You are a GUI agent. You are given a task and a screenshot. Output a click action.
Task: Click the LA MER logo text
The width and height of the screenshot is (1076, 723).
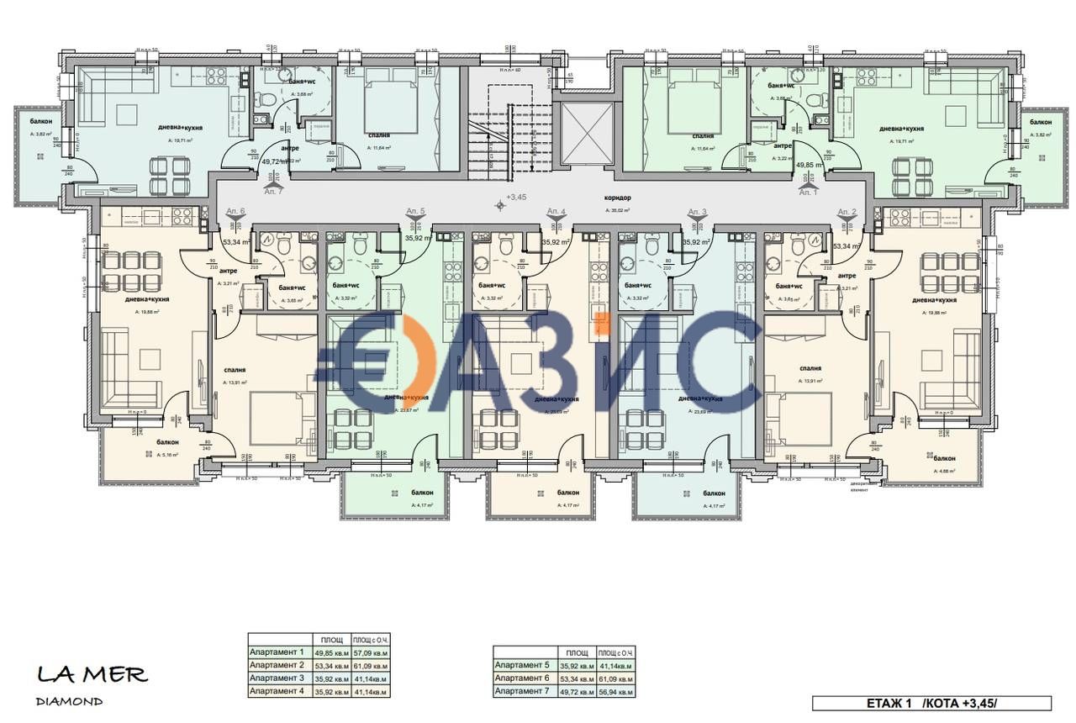click(x=92, y=674)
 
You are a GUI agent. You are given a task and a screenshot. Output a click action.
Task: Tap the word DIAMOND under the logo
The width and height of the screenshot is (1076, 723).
click(x=70, y=700)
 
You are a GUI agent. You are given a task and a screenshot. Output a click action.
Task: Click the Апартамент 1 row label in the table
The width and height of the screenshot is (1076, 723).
click(x=277, y=652)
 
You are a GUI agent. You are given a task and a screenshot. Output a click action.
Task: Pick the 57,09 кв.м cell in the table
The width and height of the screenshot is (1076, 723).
click(x=370, y=652)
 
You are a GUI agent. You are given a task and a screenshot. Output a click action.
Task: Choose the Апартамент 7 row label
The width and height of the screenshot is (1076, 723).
click(x=522, y=691)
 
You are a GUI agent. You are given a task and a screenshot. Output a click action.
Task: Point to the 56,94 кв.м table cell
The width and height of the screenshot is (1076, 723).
click(x=614, y=691)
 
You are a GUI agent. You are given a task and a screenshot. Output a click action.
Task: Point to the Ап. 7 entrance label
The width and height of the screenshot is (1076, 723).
click(x=273, y=192)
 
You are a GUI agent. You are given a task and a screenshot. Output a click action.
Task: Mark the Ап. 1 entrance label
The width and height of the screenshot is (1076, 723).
click(x=808, y=193)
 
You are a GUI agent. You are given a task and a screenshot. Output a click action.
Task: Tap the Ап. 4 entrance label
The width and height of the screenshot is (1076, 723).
click(x=556, y=211)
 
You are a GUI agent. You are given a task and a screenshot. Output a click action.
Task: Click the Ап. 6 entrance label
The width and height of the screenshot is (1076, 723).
click(x=235, y=211)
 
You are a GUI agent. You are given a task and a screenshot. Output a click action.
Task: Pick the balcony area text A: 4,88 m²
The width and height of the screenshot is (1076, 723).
click(x=944, y=471)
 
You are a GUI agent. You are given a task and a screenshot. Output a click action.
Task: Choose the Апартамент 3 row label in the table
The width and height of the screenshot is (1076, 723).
click(x=277, y=678)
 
